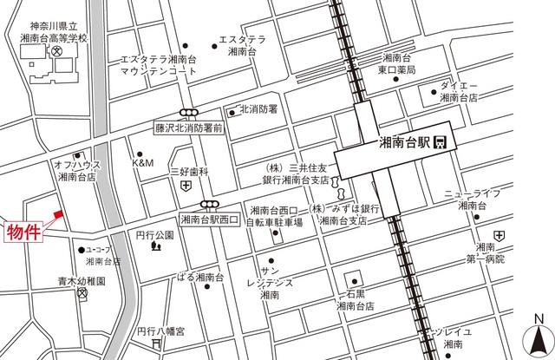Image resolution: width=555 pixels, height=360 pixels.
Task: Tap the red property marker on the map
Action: (58, 213)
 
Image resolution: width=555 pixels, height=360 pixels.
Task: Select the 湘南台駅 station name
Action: (404, 142)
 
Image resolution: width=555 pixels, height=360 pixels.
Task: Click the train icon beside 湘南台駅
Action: (441, 142)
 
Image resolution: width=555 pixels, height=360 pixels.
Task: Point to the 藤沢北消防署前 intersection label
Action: (189, 127)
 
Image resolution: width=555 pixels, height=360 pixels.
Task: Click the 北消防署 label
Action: (258, 109)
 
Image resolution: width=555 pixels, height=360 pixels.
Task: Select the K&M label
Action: (142, 163)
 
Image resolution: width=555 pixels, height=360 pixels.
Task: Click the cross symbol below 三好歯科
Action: (186, 186)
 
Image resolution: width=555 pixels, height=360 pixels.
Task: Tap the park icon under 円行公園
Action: (155, 246)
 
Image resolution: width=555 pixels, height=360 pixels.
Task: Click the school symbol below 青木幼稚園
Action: (82, 294)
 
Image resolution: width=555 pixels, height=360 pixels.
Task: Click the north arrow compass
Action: (539, 336)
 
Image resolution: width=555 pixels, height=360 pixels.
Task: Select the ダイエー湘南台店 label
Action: (459, 93)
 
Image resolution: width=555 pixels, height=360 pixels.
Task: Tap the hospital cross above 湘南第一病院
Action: (499, 235)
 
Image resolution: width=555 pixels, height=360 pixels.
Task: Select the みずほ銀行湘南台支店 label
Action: (347, 215)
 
